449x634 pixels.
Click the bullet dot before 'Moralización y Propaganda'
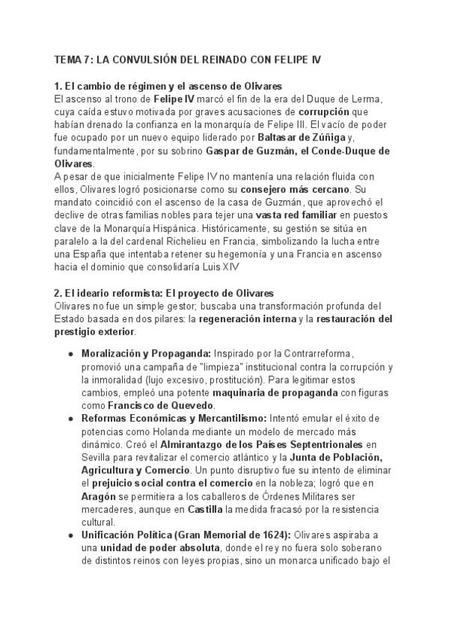pyautogui.click(x=70, y=352)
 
